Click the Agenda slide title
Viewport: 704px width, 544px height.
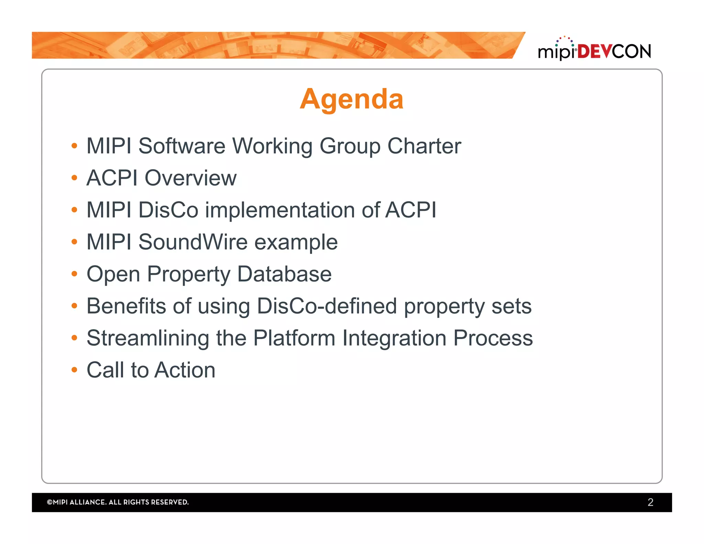(x=351, y=99)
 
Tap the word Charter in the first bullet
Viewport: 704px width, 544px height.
(x=424, y=146)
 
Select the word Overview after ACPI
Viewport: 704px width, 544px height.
(x=190, y=178)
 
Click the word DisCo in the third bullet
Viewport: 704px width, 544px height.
(x=168, y=210)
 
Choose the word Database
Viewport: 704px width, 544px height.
(x=284, y=274)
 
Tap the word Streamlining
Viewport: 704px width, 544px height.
(x=148, y=338)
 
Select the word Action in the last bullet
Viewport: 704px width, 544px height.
(x=185, y=370)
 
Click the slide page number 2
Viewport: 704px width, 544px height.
(x=650, y=502)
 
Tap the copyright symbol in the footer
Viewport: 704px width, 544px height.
(x=49, y=502)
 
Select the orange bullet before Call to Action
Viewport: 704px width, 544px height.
(x=74, y=370)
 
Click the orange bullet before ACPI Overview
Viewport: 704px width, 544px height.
(x=74, y=178)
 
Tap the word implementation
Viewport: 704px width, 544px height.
(x=280, y=210)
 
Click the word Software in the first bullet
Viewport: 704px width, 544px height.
(x=182, y=146)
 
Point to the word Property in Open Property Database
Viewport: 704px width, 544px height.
(x=189, y=275)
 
